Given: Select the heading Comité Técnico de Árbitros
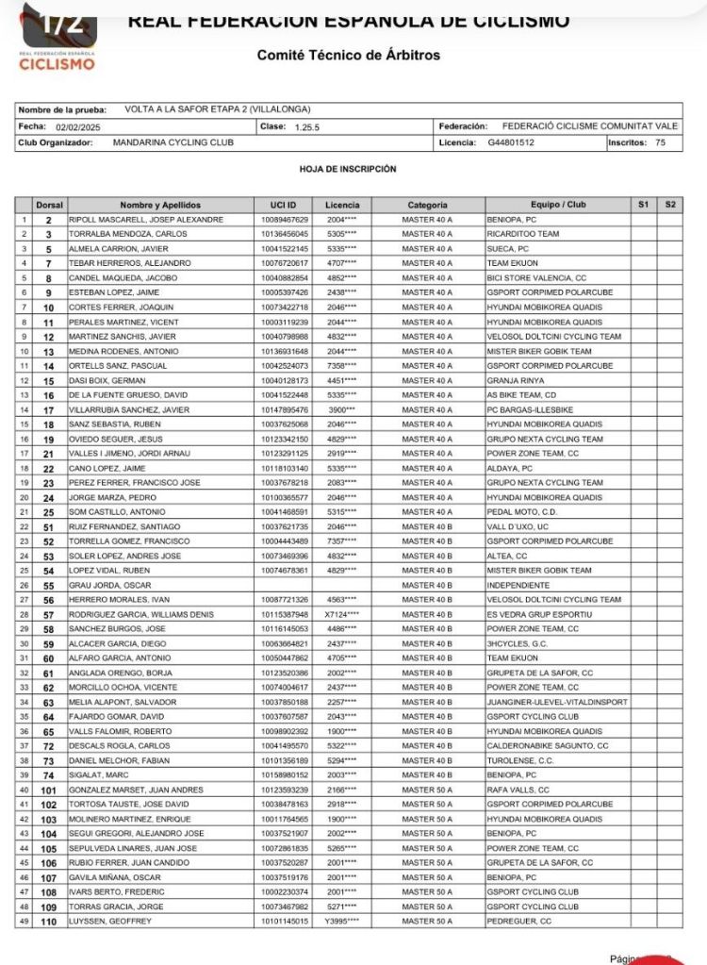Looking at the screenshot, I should click(349, 56).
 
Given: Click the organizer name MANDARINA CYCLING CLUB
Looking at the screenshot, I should click(173, 142).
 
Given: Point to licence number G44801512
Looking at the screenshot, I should click(512, 142).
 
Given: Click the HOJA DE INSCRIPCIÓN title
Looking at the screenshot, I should click(348, 169).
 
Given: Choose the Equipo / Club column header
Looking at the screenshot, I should click(558, 205).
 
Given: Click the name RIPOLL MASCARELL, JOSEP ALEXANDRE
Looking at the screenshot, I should click(146, 219).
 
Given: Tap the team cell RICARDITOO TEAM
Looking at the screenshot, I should click(523, 234).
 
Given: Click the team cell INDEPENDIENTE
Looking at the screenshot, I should click(521, 585).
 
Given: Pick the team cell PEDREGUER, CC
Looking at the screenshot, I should click(519, 921).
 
